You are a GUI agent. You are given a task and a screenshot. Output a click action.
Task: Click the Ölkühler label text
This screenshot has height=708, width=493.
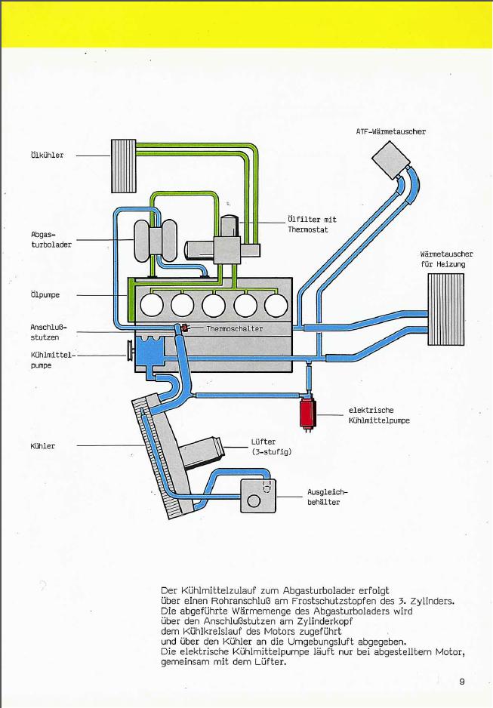(x=48, y=155)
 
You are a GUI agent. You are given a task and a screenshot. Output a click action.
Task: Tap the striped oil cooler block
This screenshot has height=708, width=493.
(x=124, y=166)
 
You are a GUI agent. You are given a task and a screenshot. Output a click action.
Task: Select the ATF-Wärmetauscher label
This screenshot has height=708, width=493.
(x=391, y=132)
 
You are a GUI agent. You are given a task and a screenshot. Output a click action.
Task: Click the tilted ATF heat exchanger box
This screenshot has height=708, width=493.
(x=391, y=159)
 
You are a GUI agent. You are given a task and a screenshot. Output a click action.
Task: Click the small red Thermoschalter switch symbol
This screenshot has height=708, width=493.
(x=184, y=328)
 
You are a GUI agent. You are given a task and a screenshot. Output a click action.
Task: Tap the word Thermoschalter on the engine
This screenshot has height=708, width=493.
(x=235, y=329)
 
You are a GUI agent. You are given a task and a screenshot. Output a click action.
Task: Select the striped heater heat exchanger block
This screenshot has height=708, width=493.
(x=445, y=309)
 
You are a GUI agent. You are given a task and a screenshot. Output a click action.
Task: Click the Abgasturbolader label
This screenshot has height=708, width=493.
(x=51, y=240)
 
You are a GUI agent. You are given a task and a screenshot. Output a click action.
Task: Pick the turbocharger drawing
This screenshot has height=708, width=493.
(x=155, y=241)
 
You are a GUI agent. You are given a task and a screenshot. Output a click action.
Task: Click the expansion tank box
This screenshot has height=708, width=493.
(x=257, y=496)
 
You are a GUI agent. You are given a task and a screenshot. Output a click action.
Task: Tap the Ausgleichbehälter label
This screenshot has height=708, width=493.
(x=328, y=497)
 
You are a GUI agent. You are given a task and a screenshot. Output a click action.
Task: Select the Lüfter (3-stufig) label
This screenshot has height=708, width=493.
(x=271, y=447)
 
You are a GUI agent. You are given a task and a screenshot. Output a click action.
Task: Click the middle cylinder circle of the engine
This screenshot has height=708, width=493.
(x=214, y=305)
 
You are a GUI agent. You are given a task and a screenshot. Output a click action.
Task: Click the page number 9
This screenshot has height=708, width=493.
(x=461, y=682)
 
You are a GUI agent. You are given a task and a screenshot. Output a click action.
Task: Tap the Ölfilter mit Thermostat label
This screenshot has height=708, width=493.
(x=313, y=224)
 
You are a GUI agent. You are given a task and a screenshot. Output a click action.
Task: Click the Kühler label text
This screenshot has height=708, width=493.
(x=43, y=446)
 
